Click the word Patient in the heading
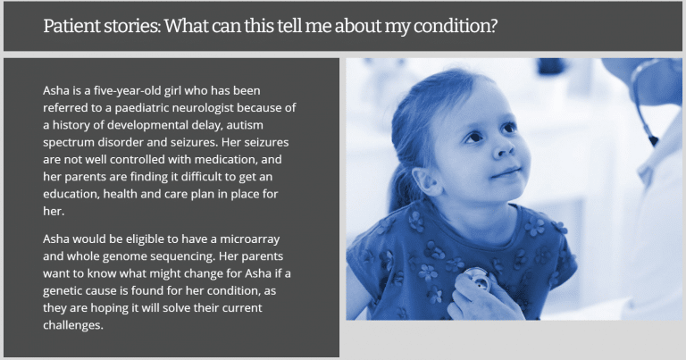[x=71, y=26]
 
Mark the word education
[x=71, y=194]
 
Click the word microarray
[x=250, y=239]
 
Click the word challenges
[x=73, y=325]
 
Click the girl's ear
[x=427, y=181]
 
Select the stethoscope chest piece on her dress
[x=478, y=279]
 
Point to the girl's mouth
[x=507, y=172]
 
